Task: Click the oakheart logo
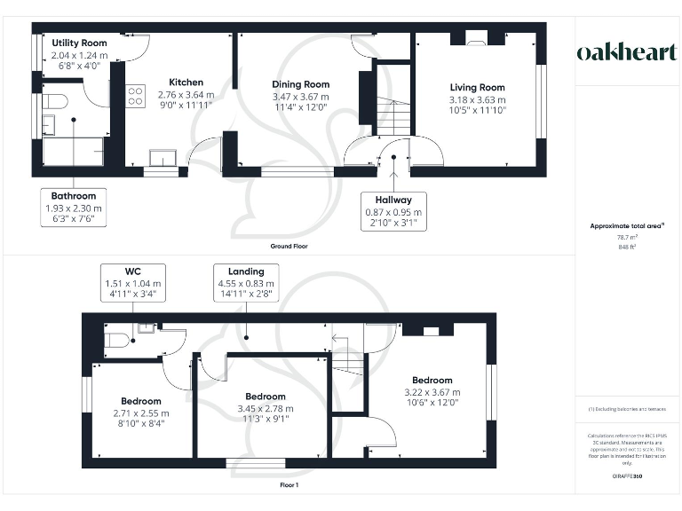[x=627, y=52]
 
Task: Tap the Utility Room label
[x=79, y=43]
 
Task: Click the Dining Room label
[x=300, y=84]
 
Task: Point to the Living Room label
[x=477, y=88]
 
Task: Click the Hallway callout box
[x=393, y=212]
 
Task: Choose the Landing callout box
[x=246, y=281]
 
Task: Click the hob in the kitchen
[x=135, y=95]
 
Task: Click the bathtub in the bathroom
[x=74, y=151]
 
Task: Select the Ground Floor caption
[x=290, y=246]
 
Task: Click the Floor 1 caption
[x=289, y=485]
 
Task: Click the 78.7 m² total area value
[x=627, y=238]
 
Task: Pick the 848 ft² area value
[x=627, y=248]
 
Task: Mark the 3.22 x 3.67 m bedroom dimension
[x=432, y=392]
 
